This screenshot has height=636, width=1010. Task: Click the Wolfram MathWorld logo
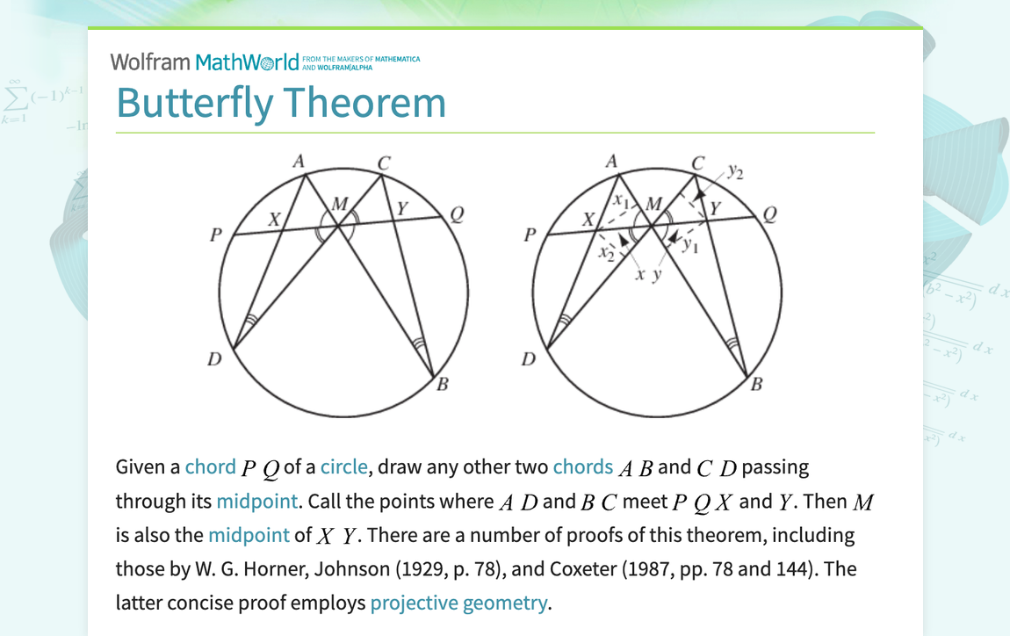tap(211, 61)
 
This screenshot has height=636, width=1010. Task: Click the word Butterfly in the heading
tap(194, 103)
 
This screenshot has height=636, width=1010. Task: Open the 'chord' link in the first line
tap(210, 466)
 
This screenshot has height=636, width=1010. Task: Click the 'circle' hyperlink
tap(344, 466)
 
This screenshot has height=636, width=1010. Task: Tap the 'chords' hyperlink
tap(582, 466)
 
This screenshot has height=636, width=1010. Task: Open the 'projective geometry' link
tap(458, 603)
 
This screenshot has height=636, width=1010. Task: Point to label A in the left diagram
tap(299, 161)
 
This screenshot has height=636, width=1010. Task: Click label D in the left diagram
tap(214, 358)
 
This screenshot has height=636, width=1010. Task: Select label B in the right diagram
tap(757, 384)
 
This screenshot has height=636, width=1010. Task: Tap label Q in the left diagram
tap(456, 214)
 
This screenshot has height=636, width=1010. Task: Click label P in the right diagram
tap(529, 236)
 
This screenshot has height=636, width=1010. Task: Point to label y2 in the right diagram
tap(734, 172)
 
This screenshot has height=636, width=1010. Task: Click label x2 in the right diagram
tap(604, 254)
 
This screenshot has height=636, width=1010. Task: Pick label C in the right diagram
tap(697, 163)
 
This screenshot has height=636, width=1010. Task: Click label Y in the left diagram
tap(401, 208)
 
